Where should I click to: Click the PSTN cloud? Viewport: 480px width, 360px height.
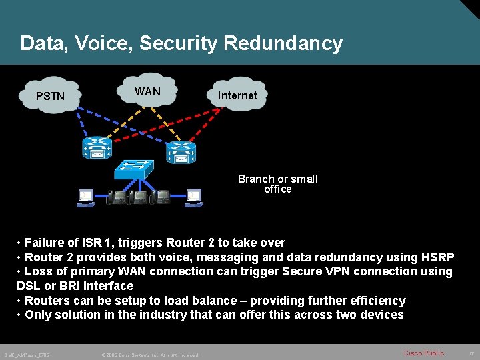[51, 96]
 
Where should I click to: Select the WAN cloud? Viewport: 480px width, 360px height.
[147, 91]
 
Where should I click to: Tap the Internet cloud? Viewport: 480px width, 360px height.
[237, 95]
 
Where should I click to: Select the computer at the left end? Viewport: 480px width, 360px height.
[86, 197]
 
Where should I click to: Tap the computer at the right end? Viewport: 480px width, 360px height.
[193, 197]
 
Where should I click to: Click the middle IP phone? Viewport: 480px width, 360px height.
[139, 197]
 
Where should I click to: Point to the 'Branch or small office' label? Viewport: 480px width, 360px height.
[278, 184]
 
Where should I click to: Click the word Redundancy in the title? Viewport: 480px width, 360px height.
[283, 43]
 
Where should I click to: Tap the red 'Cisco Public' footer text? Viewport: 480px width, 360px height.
[424, 353]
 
